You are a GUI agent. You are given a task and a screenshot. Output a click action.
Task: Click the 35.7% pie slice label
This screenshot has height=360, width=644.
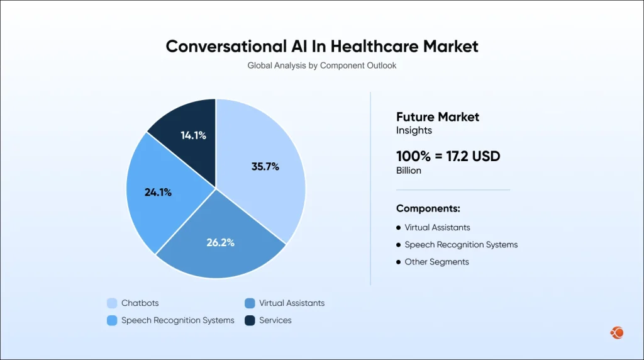point(265,167)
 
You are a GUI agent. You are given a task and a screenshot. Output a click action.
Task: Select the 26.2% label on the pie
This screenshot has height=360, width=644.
point(220,242)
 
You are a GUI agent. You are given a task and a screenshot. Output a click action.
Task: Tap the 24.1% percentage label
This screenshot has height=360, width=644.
point(158,193)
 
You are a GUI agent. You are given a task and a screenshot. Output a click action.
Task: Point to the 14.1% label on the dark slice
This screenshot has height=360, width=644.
point(193,135)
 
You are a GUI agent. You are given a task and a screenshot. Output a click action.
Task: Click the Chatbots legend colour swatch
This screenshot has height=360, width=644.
point(112,303)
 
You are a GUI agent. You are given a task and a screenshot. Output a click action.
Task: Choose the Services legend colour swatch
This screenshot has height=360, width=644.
point(250,320)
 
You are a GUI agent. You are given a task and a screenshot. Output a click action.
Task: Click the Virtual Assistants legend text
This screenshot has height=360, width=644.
point(292,303)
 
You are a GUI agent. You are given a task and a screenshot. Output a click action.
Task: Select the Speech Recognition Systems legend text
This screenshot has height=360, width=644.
point(178,320)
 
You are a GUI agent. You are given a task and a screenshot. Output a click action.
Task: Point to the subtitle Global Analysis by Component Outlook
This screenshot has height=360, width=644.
point(321,65)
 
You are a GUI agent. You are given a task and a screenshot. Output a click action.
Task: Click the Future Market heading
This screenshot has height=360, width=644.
point(438,116)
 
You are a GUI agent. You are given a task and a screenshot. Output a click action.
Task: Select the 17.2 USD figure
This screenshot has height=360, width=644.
point(472,157)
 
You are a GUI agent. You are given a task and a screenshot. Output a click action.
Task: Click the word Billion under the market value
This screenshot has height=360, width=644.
point(409,171)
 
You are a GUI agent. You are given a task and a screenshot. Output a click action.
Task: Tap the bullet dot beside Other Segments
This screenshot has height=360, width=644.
point(399,262)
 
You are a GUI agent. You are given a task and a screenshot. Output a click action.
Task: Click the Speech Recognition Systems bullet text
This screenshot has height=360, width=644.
point(461,245)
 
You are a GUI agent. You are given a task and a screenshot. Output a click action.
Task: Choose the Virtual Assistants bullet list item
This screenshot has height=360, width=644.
point(437,227)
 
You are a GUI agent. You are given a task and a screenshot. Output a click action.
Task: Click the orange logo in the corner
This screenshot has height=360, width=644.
point(616,332)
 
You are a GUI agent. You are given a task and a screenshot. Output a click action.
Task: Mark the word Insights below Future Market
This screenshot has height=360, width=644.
point(413,130)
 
